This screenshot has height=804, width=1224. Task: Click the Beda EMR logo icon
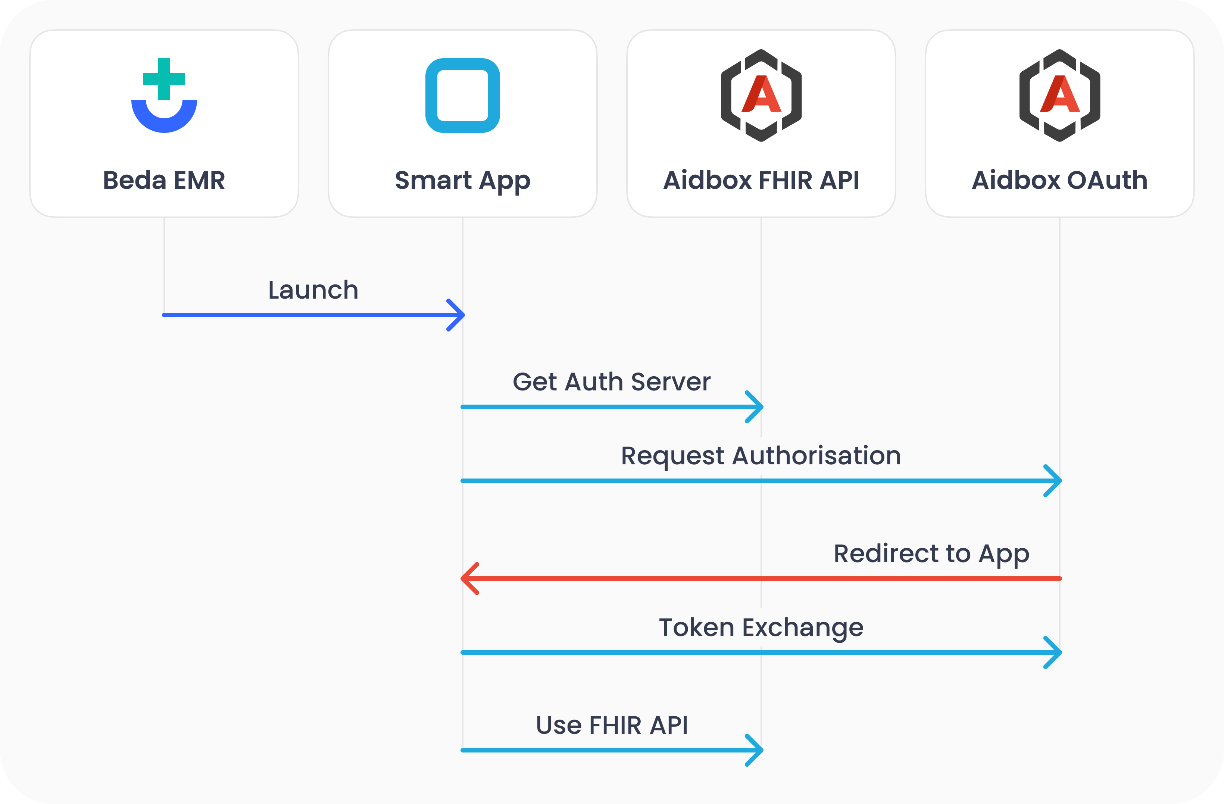tap(164, 96)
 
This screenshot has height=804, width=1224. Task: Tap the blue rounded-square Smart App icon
tap(462, 96)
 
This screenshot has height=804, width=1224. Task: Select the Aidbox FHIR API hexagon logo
tap(761, 96)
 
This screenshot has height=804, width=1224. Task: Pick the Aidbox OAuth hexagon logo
tap(1059, 96)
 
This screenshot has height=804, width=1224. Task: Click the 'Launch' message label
tap(313, 290)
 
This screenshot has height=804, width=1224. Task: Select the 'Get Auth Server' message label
tap(612, 382)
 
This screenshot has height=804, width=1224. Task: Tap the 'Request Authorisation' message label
tap(761, 456)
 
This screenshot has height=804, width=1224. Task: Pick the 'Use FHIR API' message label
tap(612, 725)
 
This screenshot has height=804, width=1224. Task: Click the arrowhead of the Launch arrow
tap(457, 315)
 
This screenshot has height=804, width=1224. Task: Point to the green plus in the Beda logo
tap(164, 79)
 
